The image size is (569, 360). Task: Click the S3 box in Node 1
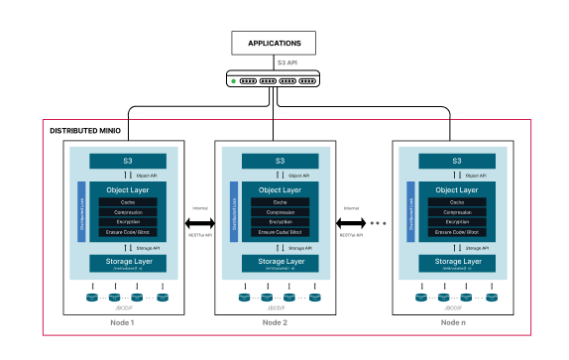point(128,161)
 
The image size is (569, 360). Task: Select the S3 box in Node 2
point(280,161)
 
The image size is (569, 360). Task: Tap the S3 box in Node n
point(457,161)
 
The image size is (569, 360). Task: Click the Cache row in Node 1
point(128,202)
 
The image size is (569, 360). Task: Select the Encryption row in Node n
point(457,222)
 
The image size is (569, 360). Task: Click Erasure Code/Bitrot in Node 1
point(128,232)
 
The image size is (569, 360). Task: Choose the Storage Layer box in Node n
point(457,264)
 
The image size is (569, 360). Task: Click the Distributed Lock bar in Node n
point(411,211)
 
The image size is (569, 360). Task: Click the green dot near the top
point(234,80)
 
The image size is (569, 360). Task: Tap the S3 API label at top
point(286,62)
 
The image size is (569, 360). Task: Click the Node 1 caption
point(122,323)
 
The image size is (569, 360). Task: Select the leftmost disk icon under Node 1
point(92,297)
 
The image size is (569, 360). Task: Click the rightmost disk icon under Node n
point(492,297)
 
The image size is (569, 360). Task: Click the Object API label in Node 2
point(297,176)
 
